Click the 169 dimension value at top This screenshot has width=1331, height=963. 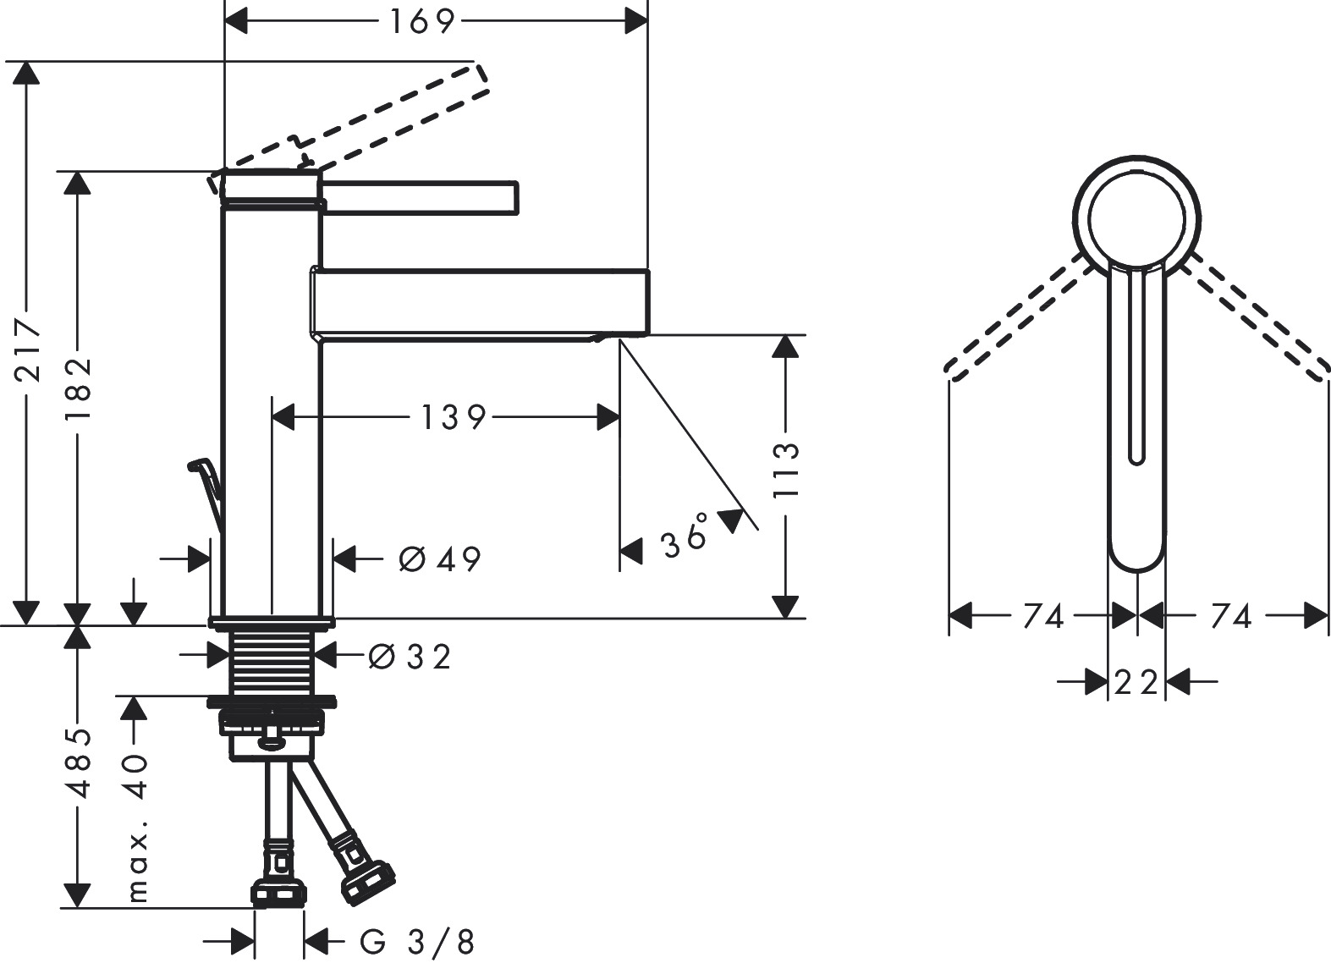[422, 22]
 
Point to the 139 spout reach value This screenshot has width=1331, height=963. [454, 417]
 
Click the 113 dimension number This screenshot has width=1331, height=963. [785, 471]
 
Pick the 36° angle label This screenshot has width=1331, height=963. [686, 537]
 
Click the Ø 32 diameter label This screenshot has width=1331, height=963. [410, 656]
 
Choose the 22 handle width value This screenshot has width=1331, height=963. [1136, 681]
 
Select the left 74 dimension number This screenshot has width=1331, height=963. [1042, 617]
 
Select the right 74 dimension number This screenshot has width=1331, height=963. [1230, 617]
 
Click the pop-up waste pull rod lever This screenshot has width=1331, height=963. [207, 491]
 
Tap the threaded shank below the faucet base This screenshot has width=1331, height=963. [272, 663]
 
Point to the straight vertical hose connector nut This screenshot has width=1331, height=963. [280, 893]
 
